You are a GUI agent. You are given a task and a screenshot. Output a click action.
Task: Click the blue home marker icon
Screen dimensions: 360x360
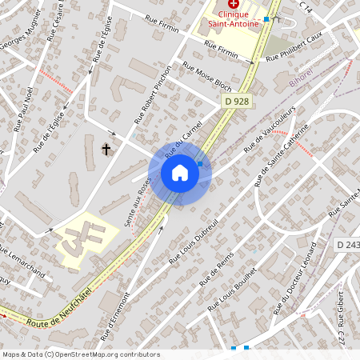(180, 173)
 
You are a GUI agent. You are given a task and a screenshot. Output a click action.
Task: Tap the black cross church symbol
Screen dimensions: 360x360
(106, 149)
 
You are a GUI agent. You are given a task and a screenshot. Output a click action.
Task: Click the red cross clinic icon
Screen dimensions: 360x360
(232, 4)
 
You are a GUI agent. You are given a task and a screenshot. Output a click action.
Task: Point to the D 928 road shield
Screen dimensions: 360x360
(234, 100)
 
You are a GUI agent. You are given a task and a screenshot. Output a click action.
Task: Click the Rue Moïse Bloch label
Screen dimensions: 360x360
(207, 76)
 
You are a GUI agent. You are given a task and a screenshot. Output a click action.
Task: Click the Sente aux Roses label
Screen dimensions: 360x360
(137, 201)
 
